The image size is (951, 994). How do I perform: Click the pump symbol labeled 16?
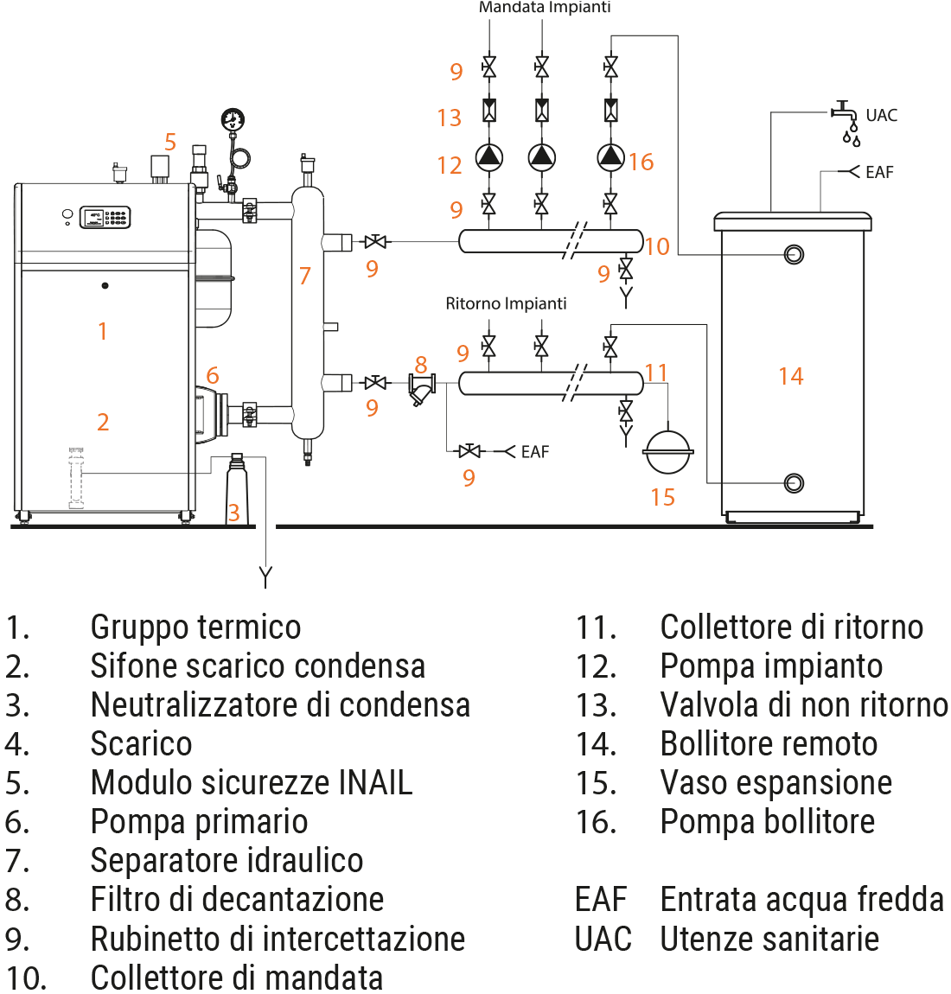pyautogui.click(x=610, y=156)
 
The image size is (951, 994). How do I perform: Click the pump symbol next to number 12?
pyautogui.click(x=489, y=156)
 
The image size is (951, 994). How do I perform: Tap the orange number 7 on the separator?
pyautogui.click(x=304, y=276)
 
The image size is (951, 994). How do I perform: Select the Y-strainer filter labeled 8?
pyautogui.click(x=421, y=388)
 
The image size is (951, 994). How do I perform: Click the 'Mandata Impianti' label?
pyautogui.click(x=545, y=8)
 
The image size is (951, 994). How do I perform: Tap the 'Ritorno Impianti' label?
pyautogui.click(x=506, y=303)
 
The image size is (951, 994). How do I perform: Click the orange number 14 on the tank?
pyautogui.click(x=790, y=376)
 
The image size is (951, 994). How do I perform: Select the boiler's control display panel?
pyautogui.click(x=105, y=217)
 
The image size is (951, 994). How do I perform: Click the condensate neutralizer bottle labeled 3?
pyautogui.click(x=237, y=489)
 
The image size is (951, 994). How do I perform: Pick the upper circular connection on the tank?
pyautogui.click(x=793, y=254)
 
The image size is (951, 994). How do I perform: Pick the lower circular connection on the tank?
pyautogui.click(x=793, y=482)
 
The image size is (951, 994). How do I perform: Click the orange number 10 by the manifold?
pyautogui.click(x=657, y=246)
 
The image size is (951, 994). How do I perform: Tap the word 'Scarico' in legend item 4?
pyautogui.click(x=141, y=743)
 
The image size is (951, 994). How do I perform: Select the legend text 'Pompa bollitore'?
pyautogui.click(x=767, y=821)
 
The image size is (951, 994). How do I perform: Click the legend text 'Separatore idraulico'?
pyautogui.click(x=227, y=860)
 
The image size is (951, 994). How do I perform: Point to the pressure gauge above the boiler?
pyautogui.click(x=233, y=120)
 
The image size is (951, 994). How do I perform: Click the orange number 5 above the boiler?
pyautogui.click(x=170, y=142)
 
